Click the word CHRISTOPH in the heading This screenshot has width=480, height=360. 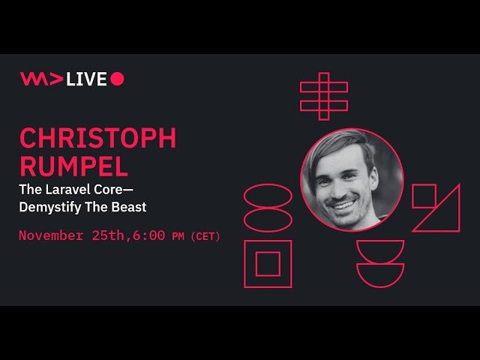pyautogui.click(x=98, y=138)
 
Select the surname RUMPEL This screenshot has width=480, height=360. pyautogui.click(x=73, y=166)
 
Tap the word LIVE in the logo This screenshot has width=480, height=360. pyautogui.click(x=87, y=79)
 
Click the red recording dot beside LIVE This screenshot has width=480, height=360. pyautogui.click(x=117, y=79)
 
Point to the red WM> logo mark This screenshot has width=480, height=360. pyautogui.click(x=42, y=79)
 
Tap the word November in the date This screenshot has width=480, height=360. pyautogui.click(x=51, y=235)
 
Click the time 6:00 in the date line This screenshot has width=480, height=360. pyautogui.click(x=149, y=235)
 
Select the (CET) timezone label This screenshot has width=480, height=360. pyautogui.click(x=205, y=236)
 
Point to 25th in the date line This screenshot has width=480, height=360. pyautogui.click(x=108, y=235)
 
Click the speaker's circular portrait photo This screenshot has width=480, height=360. pyautogui.click(x=352, y=180)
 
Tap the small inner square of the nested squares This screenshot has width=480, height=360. pyautogui.click(x=268, y=253)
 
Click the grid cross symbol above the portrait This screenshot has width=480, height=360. pyautogui.click(x=324, y=97)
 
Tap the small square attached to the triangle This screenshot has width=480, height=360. pyautogui.click(x=424, y=185)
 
